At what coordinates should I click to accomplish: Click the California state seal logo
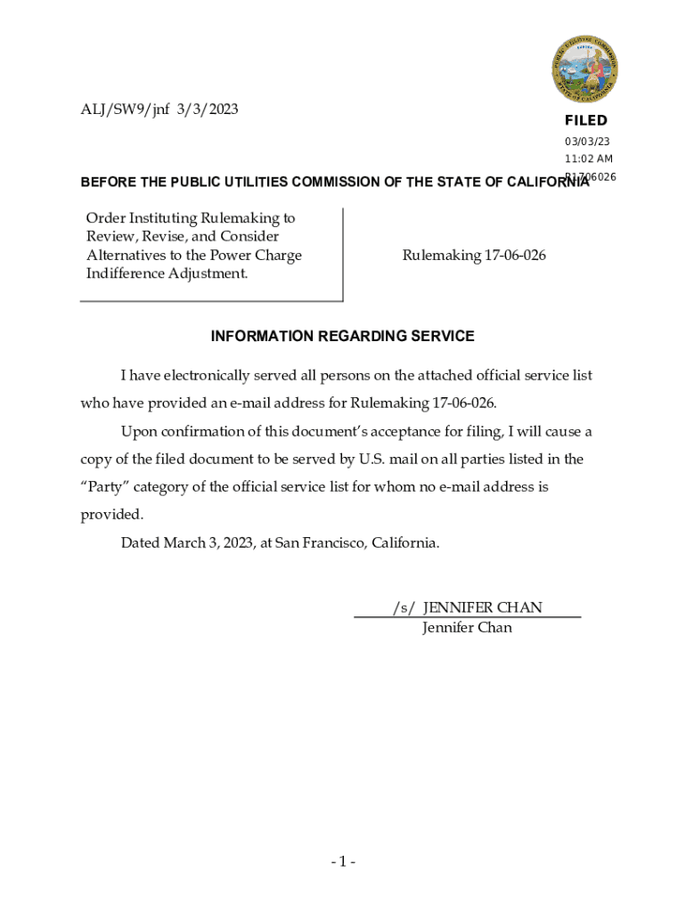click(x=584, y=69)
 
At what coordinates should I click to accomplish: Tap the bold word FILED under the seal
click(x=585, y=120)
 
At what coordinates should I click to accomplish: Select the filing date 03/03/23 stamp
click(x=587, y=142)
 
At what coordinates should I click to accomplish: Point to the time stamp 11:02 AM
click(x=588, y=159)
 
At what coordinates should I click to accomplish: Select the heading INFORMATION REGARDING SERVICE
click(x=342, y=336)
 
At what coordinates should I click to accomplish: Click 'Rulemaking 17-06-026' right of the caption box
click(x=474, y=256)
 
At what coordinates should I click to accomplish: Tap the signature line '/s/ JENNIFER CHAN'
click(x=467, y=607)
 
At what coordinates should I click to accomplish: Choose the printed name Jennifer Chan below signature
click(x=467, y=627)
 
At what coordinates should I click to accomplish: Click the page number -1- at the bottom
click(x=343, y=861)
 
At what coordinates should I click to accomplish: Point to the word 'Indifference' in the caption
click(x=125, y=273)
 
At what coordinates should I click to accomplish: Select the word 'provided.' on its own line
click(x=111, y=514)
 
